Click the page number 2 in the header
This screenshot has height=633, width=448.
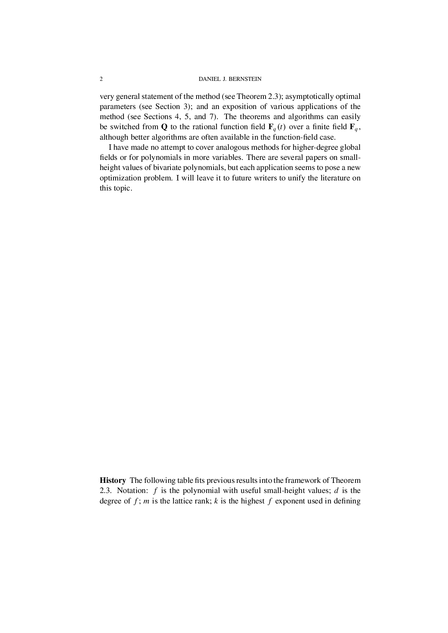click(x=101, y=79)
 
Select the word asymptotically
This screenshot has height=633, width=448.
click(x=310, y=96)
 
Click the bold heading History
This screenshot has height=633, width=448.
click(x=113, y=480)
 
